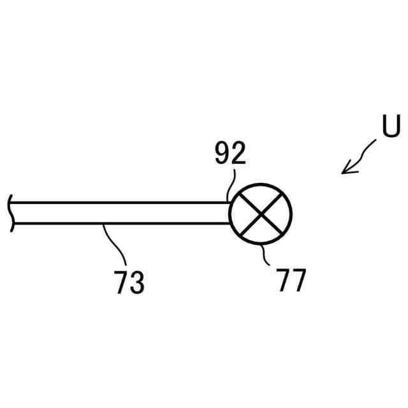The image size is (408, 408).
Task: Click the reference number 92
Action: (230, 155)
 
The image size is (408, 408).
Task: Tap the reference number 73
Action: (129, 282)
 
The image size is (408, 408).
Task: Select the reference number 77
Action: (291, 280)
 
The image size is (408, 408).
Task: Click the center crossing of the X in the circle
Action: (260, 214)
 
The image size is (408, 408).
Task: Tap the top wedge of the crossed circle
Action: (260, 196)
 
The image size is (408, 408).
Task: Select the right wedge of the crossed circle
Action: (278, 214)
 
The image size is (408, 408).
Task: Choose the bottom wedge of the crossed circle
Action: (260, 231)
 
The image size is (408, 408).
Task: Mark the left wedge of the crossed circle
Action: (243, 214)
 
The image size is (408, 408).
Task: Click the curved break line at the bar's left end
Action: (10, 214)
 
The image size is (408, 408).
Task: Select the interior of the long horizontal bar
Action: (121, 214)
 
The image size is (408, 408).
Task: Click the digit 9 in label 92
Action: (222, 155)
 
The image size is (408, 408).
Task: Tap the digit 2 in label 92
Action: (238, 155)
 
